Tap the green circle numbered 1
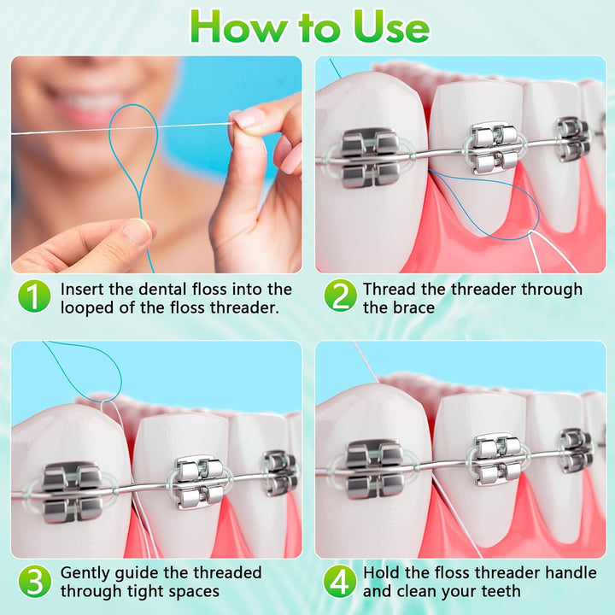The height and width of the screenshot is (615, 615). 34,297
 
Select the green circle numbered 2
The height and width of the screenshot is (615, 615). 339,297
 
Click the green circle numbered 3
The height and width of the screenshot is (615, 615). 34,581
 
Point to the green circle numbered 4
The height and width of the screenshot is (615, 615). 339,581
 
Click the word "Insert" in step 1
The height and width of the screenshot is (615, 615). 83,290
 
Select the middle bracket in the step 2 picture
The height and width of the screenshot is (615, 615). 494,147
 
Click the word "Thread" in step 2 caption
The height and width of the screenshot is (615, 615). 390,290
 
